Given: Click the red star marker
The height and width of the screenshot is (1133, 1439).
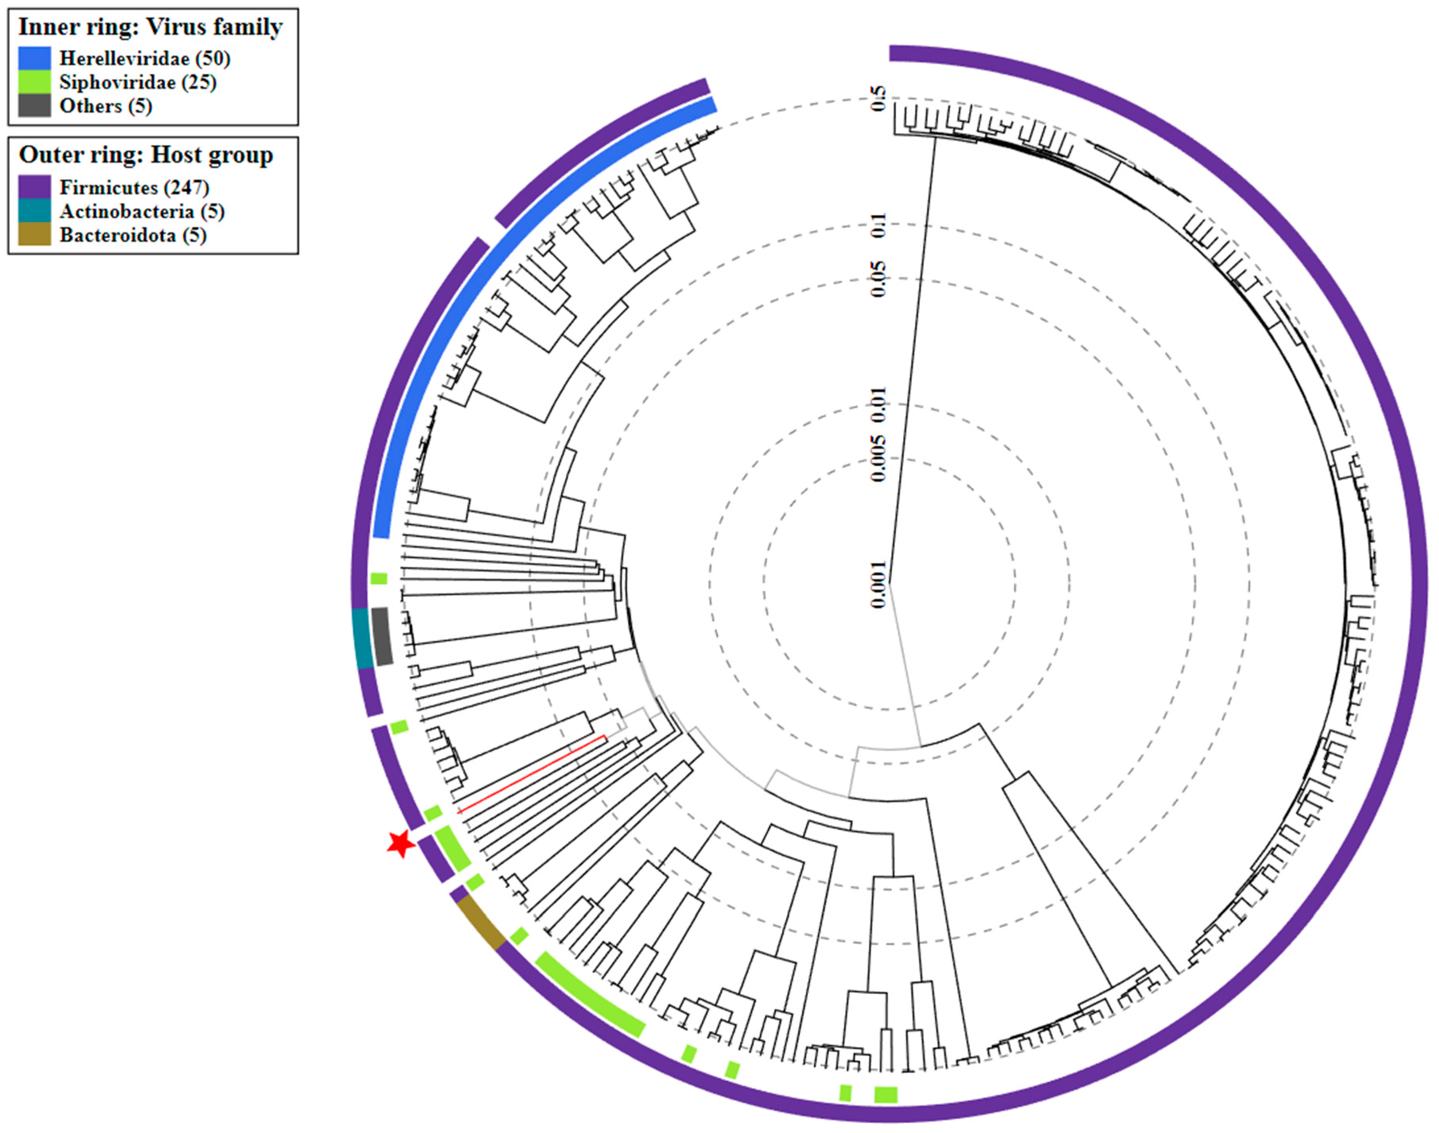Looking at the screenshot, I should pyautogui.click(x=401, y=844).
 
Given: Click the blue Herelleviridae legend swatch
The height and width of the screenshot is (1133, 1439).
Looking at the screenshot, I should pyautogui.click(x=34, y=58).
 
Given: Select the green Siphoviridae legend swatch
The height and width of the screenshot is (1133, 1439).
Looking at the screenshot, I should pyautogui.click(x=34, y=82).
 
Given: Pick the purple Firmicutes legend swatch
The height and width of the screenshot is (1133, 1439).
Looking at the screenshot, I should pyautogui.click(x=34, y=187).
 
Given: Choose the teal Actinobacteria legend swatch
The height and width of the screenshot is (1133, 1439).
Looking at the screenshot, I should pyautogui.click(x=34, y=211).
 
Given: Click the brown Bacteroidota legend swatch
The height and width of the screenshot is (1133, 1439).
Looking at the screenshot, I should pyautogui.click(x=34, y=235).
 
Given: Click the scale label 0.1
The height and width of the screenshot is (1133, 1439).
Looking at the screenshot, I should pyautogui.click(x=878, y=225).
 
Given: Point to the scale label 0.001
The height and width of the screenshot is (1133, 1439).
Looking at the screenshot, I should pyautogui.click(x=878, y=584).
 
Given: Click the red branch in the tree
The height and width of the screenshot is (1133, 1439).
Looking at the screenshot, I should pyautogui.click(x=531, y=774).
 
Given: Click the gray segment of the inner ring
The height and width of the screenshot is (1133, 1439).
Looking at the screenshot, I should pyautogui.click(x=382, y=636).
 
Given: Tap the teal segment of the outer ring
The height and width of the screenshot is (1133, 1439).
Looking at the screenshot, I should pyautogui.click(x=361, y=638).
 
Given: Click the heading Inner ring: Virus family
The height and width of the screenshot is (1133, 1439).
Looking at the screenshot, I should pyautogui.click(x=151, y=27).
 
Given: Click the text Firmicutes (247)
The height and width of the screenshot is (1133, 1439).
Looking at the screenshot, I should pyautogui.click(x=134, y=188).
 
